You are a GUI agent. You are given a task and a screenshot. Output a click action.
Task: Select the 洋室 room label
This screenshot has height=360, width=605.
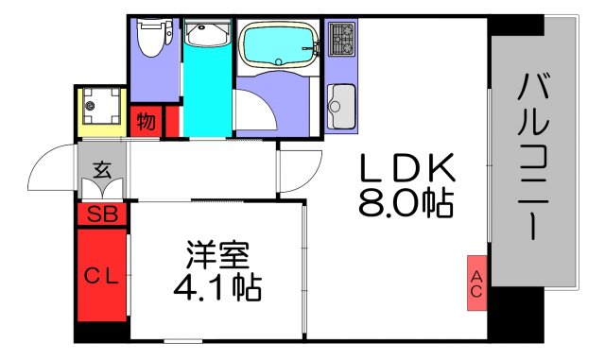[x=216, y=254]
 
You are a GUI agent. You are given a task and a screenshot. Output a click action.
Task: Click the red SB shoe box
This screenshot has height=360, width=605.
[x=100, y=214]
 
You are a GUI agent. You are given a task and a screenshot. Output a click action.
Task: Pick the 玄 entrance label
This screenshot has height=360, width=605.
[x=100, y=171]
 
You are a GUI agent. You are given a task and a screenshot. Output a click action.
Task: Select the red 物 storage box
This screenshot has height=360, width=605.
[x=146, y=121]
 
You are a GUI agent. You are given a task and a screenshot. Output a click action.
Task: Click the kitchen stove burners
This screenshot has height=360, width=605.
[x=340, y=40]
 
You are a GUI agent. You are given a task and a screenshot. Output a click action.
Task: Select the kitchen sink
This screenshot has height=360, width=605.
[x=340, y=99]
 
